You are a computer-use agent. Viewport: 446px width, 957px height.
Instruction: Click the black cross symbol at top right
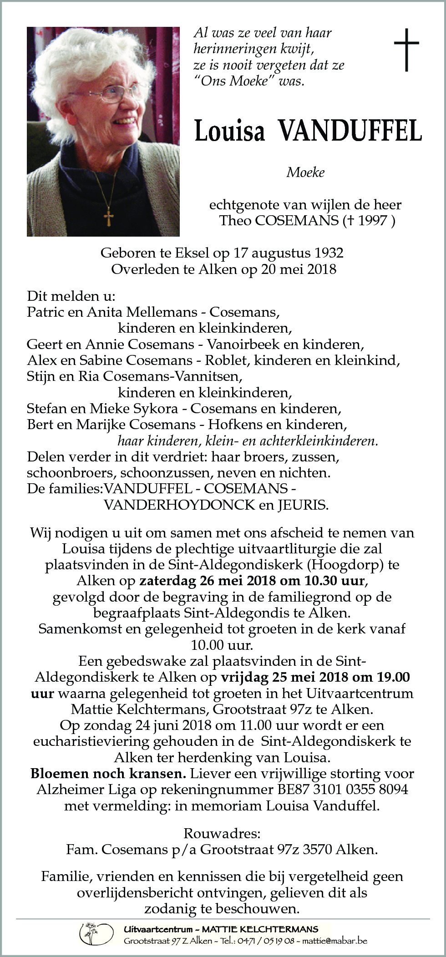(x=406, y=50)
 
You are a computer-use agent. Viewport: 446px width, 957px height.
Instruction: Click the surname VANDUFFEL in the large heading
(x=350, y=132)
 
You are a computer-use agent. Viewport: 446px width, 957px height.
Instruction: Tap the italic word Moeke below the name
(x=305, y=172)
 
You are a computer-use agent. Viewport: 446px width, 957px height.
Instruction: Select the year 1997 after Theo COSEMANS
(x=373, y=221)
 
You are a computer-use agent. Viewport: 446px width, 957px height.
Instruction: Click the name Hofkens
(x=230, y=425)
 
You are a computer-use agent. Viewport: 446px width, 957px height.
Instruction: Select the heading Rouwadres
(x=222, y=833)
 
